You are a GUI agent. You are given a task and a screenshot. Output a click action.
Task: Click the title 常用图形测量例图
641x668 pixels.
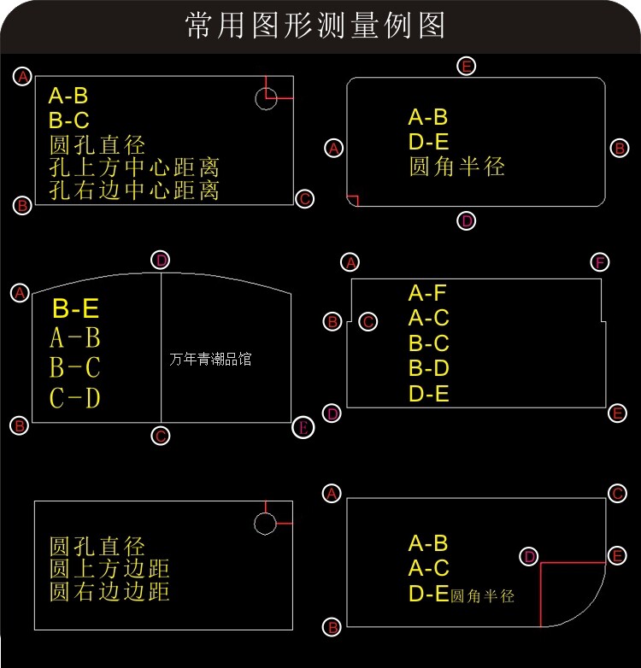click(x=315, y=26)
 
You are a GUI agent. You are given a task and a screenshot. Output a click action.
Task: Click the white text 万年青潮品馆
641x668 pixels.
click(x=211, y=360)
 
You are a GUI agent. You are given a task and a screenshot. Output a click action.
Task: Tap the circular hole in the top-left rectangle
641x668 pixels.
click(x=266, y=98)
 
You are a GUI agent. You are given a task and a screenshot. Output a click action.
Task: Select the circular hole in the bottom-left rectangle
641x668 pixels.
click(x=266, y=523)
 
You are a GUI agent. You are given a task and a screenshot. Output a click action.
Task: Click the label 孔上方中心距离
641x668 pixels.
click(x=134, y=167)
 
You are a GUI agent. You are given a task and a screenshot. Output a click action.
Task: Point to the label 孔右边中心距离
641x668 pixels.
click(x=134, y=190)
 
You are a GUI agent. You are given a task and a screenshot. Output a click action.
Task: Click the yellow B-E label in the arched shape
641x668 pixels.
click(x=75, y=308)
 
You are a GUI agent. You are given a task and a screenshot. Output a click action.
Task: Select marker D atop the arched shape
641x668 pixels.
click(x=161, y=260)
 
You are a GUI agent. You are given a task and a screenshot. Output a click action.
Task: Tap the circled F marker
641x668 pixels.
click(x=600, y=261)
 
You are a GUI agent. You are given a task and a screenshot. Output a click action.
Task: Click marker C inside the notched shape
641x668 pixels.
click(x=368, y=322)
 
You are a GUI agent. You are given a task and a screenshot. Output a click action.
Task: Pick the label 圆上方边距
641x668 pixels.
click(x=109, y=568)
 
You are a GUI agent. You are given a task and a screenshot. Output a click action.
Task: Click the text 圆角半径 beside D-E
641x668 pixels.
click(x=483, y=596)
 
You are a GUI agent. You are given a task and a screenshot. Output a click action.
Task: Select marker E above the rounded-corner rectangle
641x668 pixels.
click(x=466, y=66)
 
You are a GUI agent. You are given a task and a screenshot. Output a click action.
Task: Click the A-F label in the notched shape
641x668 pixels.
click(x=428, y=294)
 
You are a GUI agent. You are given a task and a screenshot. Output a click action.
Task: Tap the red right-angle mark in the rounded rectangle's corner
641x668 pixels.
click(x=354, y=201)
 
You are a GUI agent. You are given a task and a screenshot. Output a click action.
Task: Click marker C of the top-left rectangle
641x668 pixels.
click(x=305, y=199)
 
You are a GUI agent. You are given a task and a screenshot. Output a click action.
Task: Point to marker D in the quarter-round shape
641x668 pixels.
click(x=530, y=556)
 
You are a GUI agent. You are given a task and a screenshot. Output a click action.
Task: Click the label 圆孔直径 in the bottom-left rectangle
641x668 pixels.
click(x=97, y=546)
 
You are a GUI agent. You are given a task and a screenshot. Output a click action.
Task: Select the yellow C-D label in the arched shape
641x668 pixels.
click(x=75, y=398)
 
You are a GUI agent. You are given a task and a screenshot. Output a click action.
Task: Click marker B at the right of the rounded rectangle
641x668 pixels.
click(x=620, y=148)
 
